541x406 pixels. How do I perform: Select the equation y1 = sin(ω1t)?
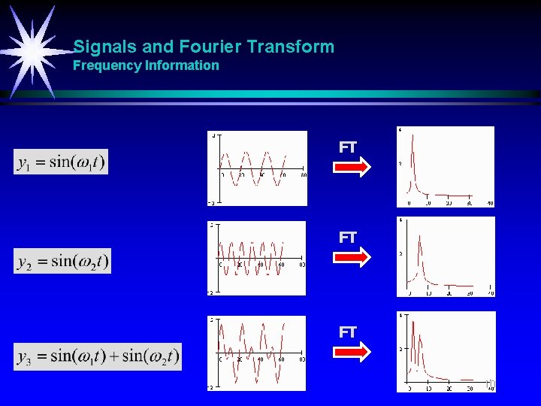pos(61,161)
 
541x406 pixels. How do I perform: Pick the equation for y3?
pos(98,356)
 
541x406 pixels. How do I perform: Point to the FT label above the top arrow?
pos(347,148)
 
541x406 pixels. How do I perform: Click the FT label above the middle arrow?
pos(347,238)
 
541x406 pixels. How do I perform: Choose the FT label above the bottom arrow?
pos(347,332)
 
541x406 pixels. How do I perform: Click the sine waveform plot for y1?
pos(258,168)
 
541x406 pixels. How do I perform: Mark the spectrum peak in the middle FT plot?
pos(421,244)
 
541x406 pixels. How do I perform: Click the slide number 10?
pos(491,384)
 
